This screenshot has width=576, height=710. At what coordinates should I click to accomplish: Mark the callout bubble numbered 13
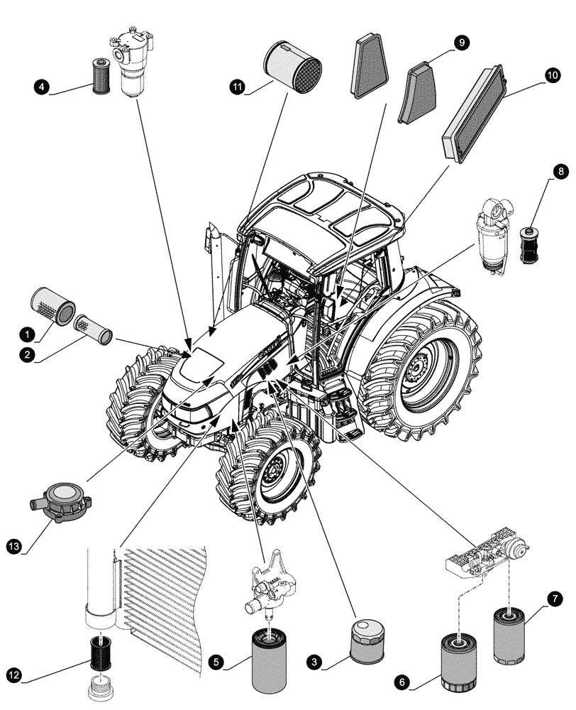14,546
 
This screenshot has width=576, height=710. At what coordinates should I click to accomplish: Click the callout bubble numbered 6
402,682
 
